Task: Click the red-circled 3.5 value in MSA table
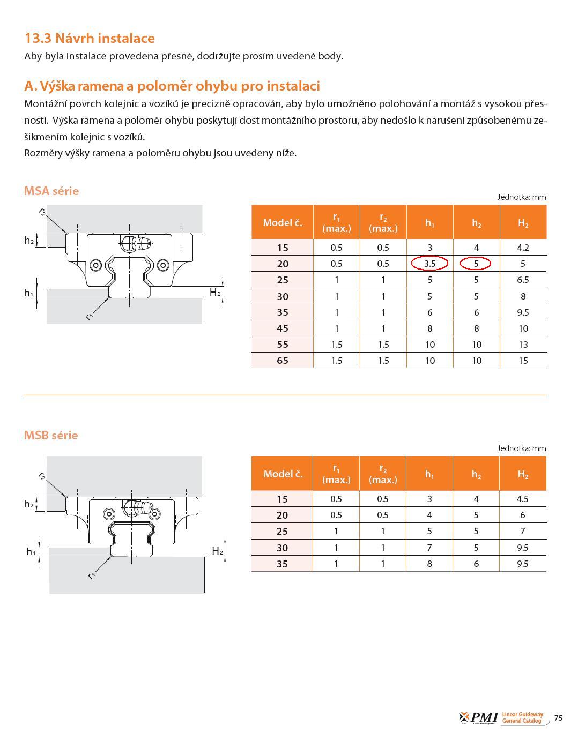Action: [x=429, y=264]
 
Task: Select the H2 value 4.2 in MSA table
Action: [x=523, y=248]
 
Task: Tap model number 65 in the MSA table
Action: [x=283, y=361]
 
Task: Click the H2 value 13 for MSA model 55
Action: [x=523, y=345]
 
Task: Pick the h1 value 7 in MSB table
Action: [x=429, y=548]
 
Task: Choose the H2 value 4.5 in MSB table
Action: [x=522, y=499]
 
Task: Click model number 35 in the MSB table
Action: [x=283, y=564]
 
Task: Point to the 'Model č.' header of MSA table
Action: [x=283, y=222]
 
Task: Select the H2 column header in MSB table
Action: [x=523, y=474]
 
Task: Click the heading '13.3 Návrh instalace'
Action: [x=90, y=38]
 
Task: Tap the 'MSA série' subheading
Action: [x=51, y=191]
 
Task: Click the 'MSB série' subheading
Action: [x=51, y=435]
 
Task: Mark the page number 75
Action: [x=559, y=718]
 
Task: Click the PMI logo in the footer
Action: [x=479, y=718]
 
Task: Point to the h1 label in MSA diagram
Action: [x=29, y=293]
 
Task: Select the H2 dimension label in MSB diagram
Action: [x=217, y=551]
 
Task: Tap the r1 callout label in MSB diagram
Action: [x=92, y=575]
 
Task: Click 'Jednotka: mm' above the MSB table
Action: [x=521, y=448]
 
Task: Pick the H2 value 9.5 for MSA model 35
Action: [x=523, y=312]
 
